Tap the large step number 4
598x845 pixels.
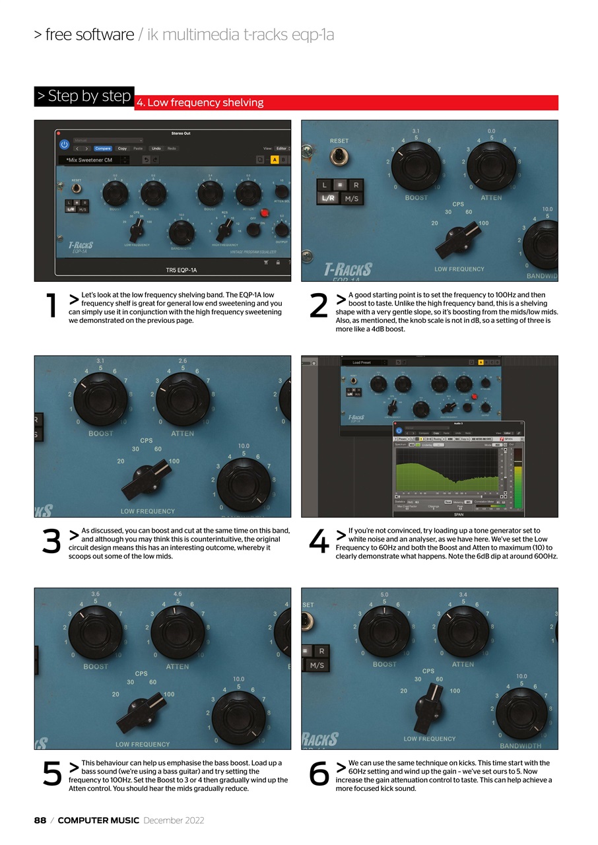(318, 543)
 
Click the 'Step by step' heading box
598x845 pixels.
(84, 96)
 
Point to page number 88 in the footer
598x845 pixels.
(40, 821)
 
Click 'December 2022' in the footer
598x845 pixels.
(174, 821)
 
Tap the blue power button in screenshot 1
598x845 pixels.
(64, 144)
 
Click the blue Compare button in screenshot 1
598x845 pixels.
(102, 149)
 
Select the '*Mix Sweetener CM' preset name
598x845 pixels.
(89, 160)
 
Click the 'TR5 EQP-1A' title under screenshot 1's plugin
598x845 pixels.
(181, 269)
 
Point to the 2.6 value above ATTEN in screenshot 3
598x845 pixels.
(183, 361)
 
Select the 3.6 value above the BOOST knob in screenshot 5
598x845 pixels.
(96, 593)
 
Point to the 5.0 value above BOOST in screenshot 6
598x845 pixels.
(384, 593)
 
